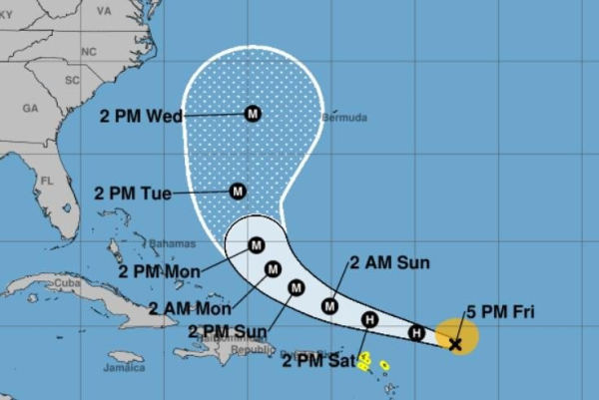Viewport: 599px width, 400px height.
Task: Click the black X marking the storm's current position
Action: pos(455,344)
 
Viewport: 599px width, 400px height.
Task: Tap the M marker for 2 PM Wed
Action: pos(252,114)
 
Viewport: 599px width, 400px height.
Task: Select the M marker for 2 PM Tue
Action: pos(238,191)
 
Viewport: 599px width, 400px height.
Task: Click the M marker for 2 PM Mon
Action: pos(257,244)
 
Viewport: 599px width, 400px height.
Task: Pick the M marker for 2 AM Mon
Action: pos(273,267)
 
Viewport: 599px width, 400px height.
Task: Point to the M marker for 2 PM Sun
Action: pos(296,288)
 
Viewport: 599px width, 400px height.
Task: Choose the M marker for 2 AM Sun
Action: pos(330,306)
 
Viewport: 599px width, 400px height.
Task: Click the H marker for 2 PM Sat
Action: pos(369,320)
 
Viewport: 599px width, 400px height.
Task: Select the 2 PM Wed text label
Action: pos(141,116)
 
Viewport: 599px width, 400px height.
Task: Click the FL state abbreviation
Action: pos(46,182)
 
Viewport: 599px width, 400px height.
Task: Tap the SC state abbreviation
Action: pos(71,79)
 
